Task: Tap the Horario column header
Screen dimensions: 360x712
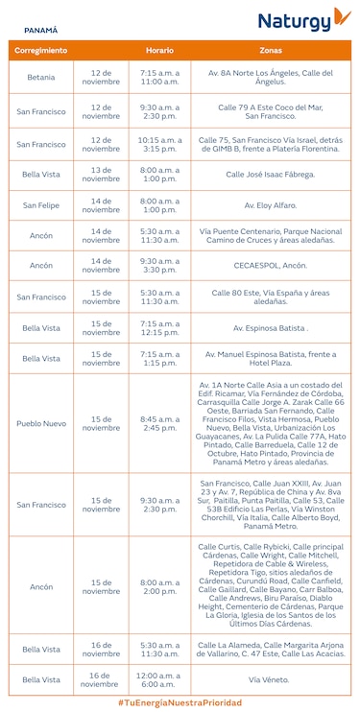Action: pos(159,49)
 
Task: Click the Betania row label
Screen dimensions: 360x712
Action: pos(41,77)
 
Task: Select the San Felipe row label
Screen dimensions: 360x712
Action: pos(41,204)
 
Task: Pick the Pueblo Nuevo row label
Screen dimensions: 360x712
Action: pos(41,423)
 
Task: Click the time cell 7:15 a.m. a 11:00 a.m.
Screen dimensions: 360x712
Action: pos(159,77)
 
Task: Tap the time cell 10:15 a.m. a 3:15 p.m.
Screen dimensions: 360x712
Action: pos(159,144)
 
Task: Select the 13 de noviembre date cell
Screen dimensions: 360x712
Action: pos(102,174)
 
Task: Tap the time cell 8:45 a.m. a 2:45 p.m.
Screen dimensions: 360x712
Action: pos(159,423)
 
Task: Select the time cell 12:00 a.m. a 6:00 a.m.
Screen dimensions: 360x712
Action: pos(159,679)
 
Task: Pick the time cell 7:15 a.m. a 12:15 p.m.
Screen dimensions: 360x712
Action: pos(159,327)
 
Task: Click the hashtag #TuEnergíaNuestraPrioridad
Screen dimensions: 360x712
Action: pos(180,702)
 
